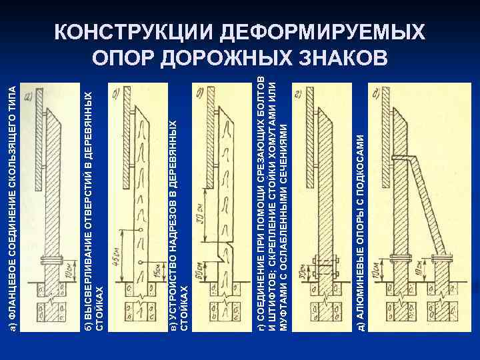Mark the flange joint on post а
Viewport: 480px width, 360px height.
coord(51,261)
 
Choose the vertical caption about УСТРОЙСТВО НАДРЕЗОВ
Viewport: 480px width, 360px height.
coord(179,220)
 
